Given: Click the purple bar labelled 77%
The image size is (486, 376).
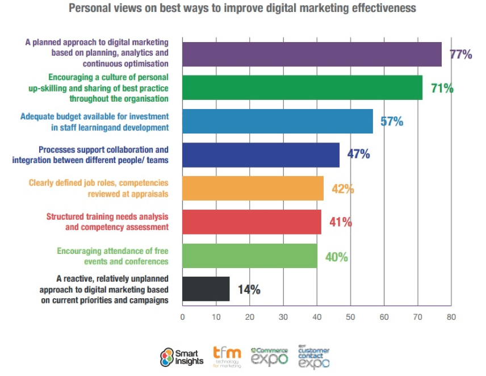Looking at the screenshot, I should pyautogui.click(x=312, y=55).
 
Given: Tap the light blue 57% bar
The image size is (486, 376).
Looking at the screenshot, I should pyautogui.click(x=278, y=122).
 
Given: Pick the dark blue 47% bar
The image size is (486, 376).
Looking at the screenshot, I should pyautogui.click(x=261, y=155).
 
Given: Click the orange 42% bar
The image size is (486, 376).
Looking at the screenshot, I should pyautogui.click(x=253, y=189).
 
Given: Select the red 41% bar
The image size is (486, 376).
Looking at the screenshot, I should pyautogui.click(x=252, y=222).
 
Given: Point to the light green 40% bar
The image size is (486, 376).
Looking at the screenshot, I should pyautogui.click(x=250, y=256).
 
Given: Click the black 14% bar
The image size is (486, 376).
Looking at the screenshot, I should pyautogui.click(x=206, y=289).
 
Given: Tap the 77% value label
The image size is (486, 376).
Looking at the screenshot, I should pyautogui.click(x=461, y=55).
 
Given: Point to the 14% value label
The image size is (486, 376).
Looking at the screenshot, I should pyautogui.click(x=249, y=290).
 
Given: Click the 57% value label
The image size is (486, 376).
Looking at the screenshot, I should pyautogui.click(x=392, y=122).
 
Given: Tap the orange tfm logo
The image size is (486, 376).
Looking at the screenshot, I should pyautogui.click(x=227, y=357).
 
